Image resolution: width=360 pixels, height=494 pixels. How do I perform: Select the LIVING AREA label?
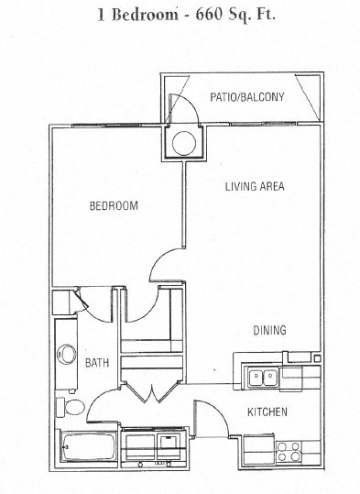coord(256,186)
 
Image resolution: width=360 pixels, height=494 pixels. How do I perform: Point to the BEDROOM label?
coord(114,206)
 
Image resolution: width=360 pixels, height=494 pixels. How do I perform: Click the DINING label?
coord(271,330)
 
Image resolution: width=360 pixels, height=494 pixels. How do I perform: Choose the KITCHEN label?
coord(267,412)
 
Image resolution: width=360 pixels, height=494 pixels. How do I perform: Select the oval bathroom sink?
coord(66,354)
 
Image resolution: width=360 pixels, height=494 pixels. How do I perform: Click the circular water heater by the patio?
coord(181,142)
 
